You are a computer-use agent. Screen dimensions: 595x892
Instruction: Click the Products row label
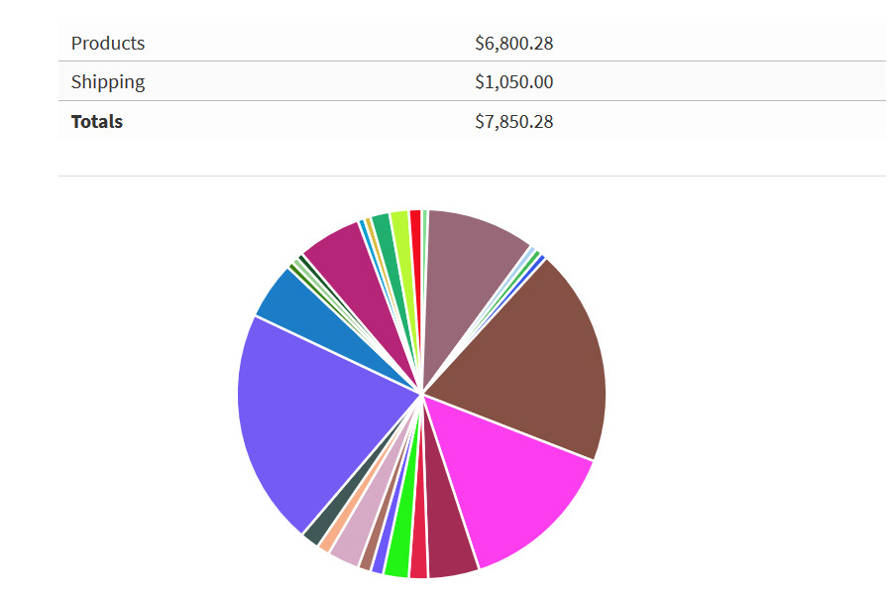(108, 44)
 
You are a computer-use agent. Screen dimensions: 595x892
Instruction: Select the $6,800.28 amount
(513, 44)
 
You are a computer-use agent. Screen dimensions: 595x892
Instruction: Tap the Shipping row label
(108, 82)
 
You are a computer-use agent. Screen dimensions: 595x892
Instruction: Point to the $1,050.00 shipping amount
(513, 82)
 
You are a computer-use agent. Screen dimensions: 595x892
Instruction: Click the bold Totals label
(97, 122)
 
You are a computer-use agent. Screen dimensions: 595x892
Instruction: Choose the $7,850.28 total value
(513, 122)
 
